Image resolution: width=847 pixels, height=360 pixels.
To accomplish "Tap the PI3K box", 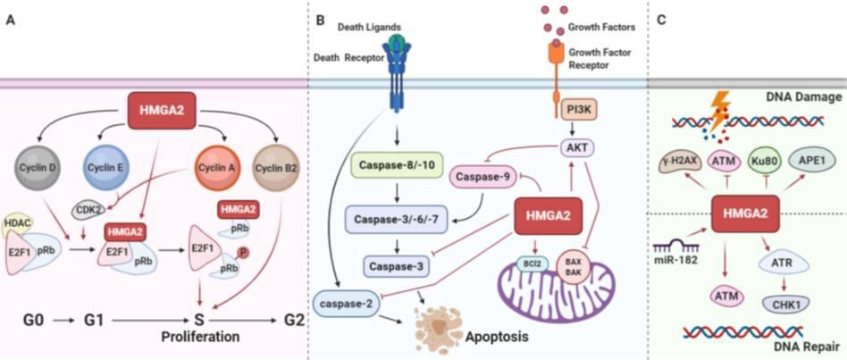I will (x=559, y=111).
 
